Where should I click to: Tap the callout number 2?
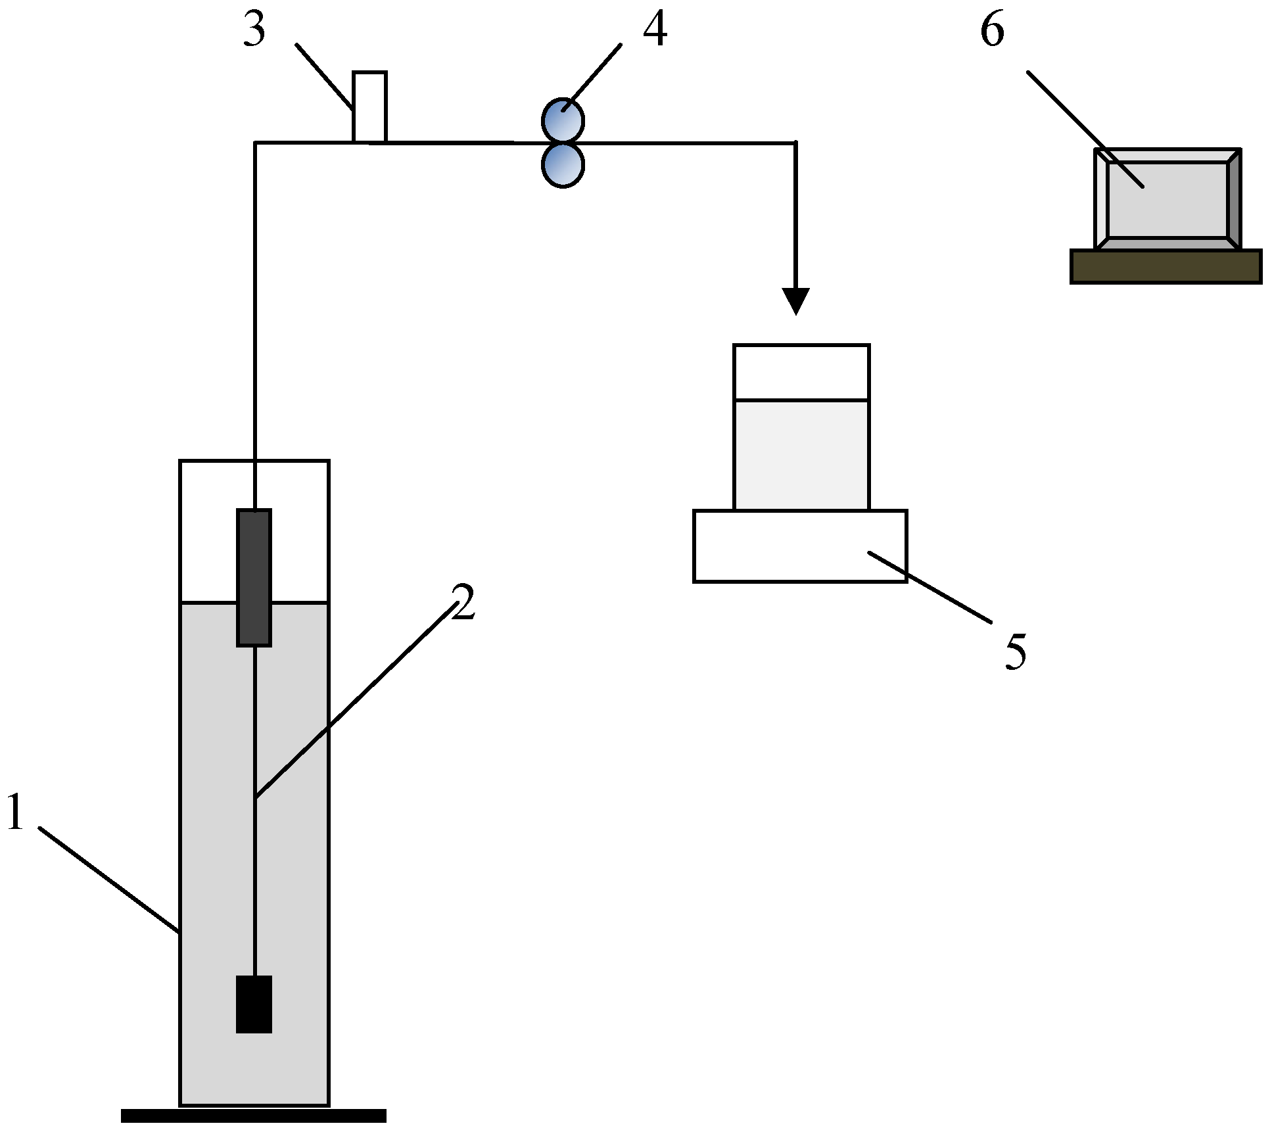coord(463,602)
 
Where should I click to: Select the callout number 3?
coord(254,30)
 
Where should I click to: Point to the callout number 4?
coord(654,30)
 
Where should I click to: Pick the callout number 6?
coord(992,30)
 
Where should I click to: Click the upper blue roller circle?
coord(563,120)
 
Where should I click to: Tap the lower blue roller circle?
coord(563,166)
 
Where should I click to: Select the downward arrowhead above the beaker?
coord(795,301)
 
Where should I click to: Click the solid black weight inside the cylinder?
coord(254,1004)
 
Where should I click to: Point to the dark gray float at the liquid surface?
coord(254,577)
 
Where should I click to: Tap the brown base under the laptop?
coord(1166,267)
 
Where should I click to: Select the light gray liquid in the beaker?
coord(801,454)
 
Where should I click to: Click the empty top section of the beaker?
coord(801,371)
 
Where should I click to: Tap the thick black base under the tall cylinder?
coord(254,1116)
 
